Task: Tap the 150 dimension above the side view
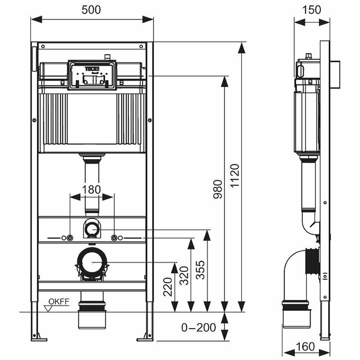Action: (312, 10)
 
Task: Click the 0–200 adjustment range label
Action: (198, 327)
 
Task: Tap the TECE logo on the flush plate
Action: (89, 69)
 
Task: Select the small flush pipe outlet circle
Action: (92, 229)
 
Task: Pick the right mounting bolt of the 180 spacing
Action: (114, 238)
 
